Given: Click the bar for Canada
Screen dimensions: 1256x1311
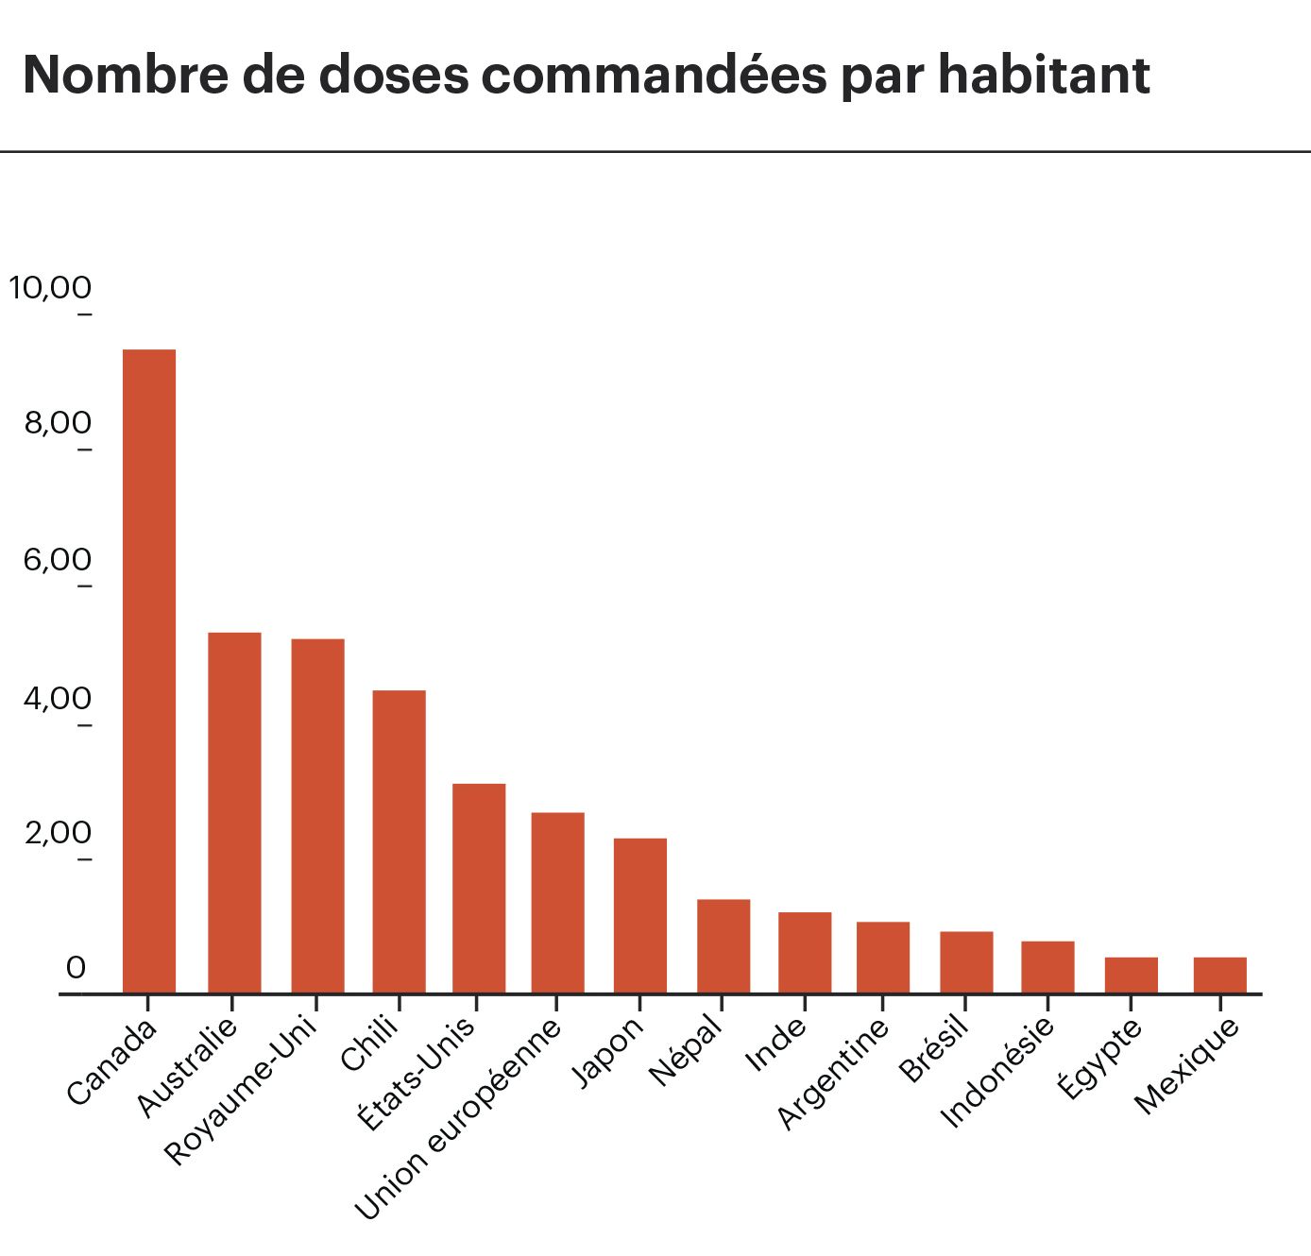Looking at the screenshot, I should tap(149, 670).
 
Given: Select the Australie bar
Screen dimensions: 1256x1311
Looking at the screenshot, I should tap(234, 812).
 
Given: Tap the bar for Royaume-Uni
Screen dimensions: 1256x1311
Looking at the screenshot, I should tap(317, 816).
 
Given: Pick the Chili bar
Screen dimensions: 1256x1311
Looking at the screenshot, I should tap(399, 841).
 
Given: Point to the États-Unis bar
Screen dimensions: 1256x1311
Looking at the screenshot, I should tap(479, 888).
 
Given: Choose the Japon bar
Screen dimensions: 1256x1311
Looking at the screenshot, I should tap(640, 915).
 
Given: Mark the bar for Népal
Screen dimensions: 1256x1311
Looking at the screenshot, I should tap(724, 945).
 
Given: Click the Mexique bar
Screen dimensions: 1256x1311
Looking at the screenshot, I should tap(1219, 975).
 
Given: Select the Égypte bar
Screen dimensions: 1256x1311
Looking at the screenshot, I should tap(1132, 975).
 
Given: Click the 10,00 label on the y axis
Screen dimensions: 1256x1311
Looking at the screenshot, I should tap(50, 287).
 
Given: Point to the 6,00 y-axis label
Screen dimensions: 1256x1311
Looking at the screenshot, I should tap(58, 560).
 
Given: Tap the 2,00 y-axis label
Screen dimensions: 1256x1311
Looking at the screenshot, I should tap(58, 834).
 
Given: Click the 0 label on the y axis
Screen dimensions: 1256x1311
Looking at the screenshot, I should tap(76, 968).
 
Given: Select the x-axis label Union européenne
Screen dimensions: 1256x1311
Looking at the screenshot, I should tap(457, 1120).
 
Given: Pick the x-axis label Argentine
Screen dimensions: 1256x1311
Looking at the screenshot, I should tap(833, 1074).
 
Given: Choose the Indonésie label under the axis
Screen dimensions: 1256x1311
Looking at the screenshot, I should tap(997, 1073).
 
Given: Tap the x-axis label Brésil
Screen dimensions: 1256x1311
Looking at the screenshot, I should tap(933, 1049).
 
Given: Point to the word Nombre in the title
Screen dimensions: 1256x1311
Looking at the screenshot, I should tap(127, 75).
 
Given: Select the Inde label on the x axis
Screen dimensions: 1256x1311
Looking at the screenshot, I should tap(775, 1044).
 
